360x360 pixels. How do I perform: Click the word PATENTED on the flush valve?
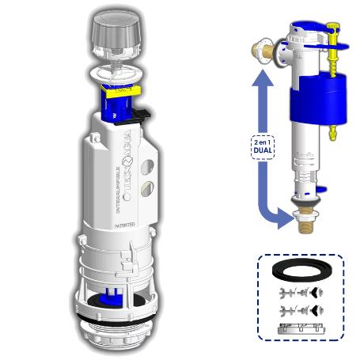pyautogui.click(x=123, y=225)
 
